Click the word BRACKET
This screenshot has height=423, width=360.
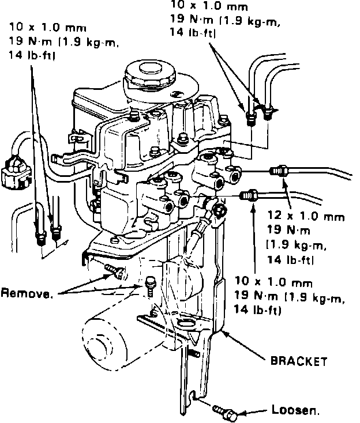[x=298, y=362]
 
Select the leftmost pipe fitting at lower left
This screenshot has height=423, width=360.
[x=40, y=236]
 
